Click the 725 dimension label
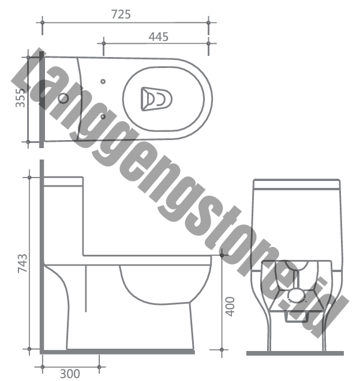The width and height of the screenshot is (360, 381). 121,14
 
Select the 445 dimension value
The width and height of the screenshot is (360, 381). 158,37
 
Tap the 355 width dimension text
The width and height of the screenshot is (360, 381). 20,97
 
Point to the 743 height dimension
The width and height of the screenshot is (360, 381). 22,263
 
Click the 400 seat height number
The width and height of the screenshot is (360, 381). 230,307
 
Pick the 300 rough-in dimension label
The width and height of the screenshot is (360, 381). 70,374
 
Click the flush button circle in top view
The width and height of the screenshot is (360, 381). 63,99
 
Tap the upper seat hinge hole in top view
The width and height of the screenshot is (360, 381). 103,81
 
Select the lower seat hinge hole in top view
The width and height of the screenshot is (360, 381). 103,117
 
